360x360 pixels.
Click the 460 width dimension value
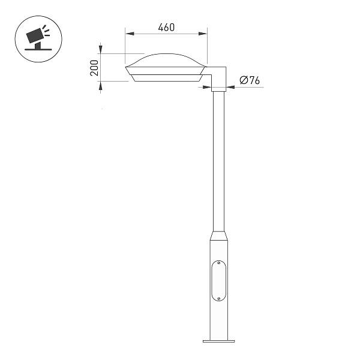click(166, 28)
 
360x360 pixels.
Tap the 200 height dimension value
click(94, 67)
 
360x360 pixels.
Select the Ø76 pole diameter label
click(249, 80)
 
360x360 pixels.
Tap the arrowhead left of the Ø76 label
click(231, 87)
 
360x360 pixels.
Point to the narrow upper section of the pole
click(218, 156)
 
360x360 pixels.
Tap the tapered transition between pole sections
click(218, 232)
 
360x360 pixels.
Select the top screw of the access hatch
click(219, 263)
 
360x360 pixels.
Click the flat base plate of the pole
click(219, 342)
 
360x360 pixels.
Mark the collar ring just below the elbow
click(218, 89)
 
